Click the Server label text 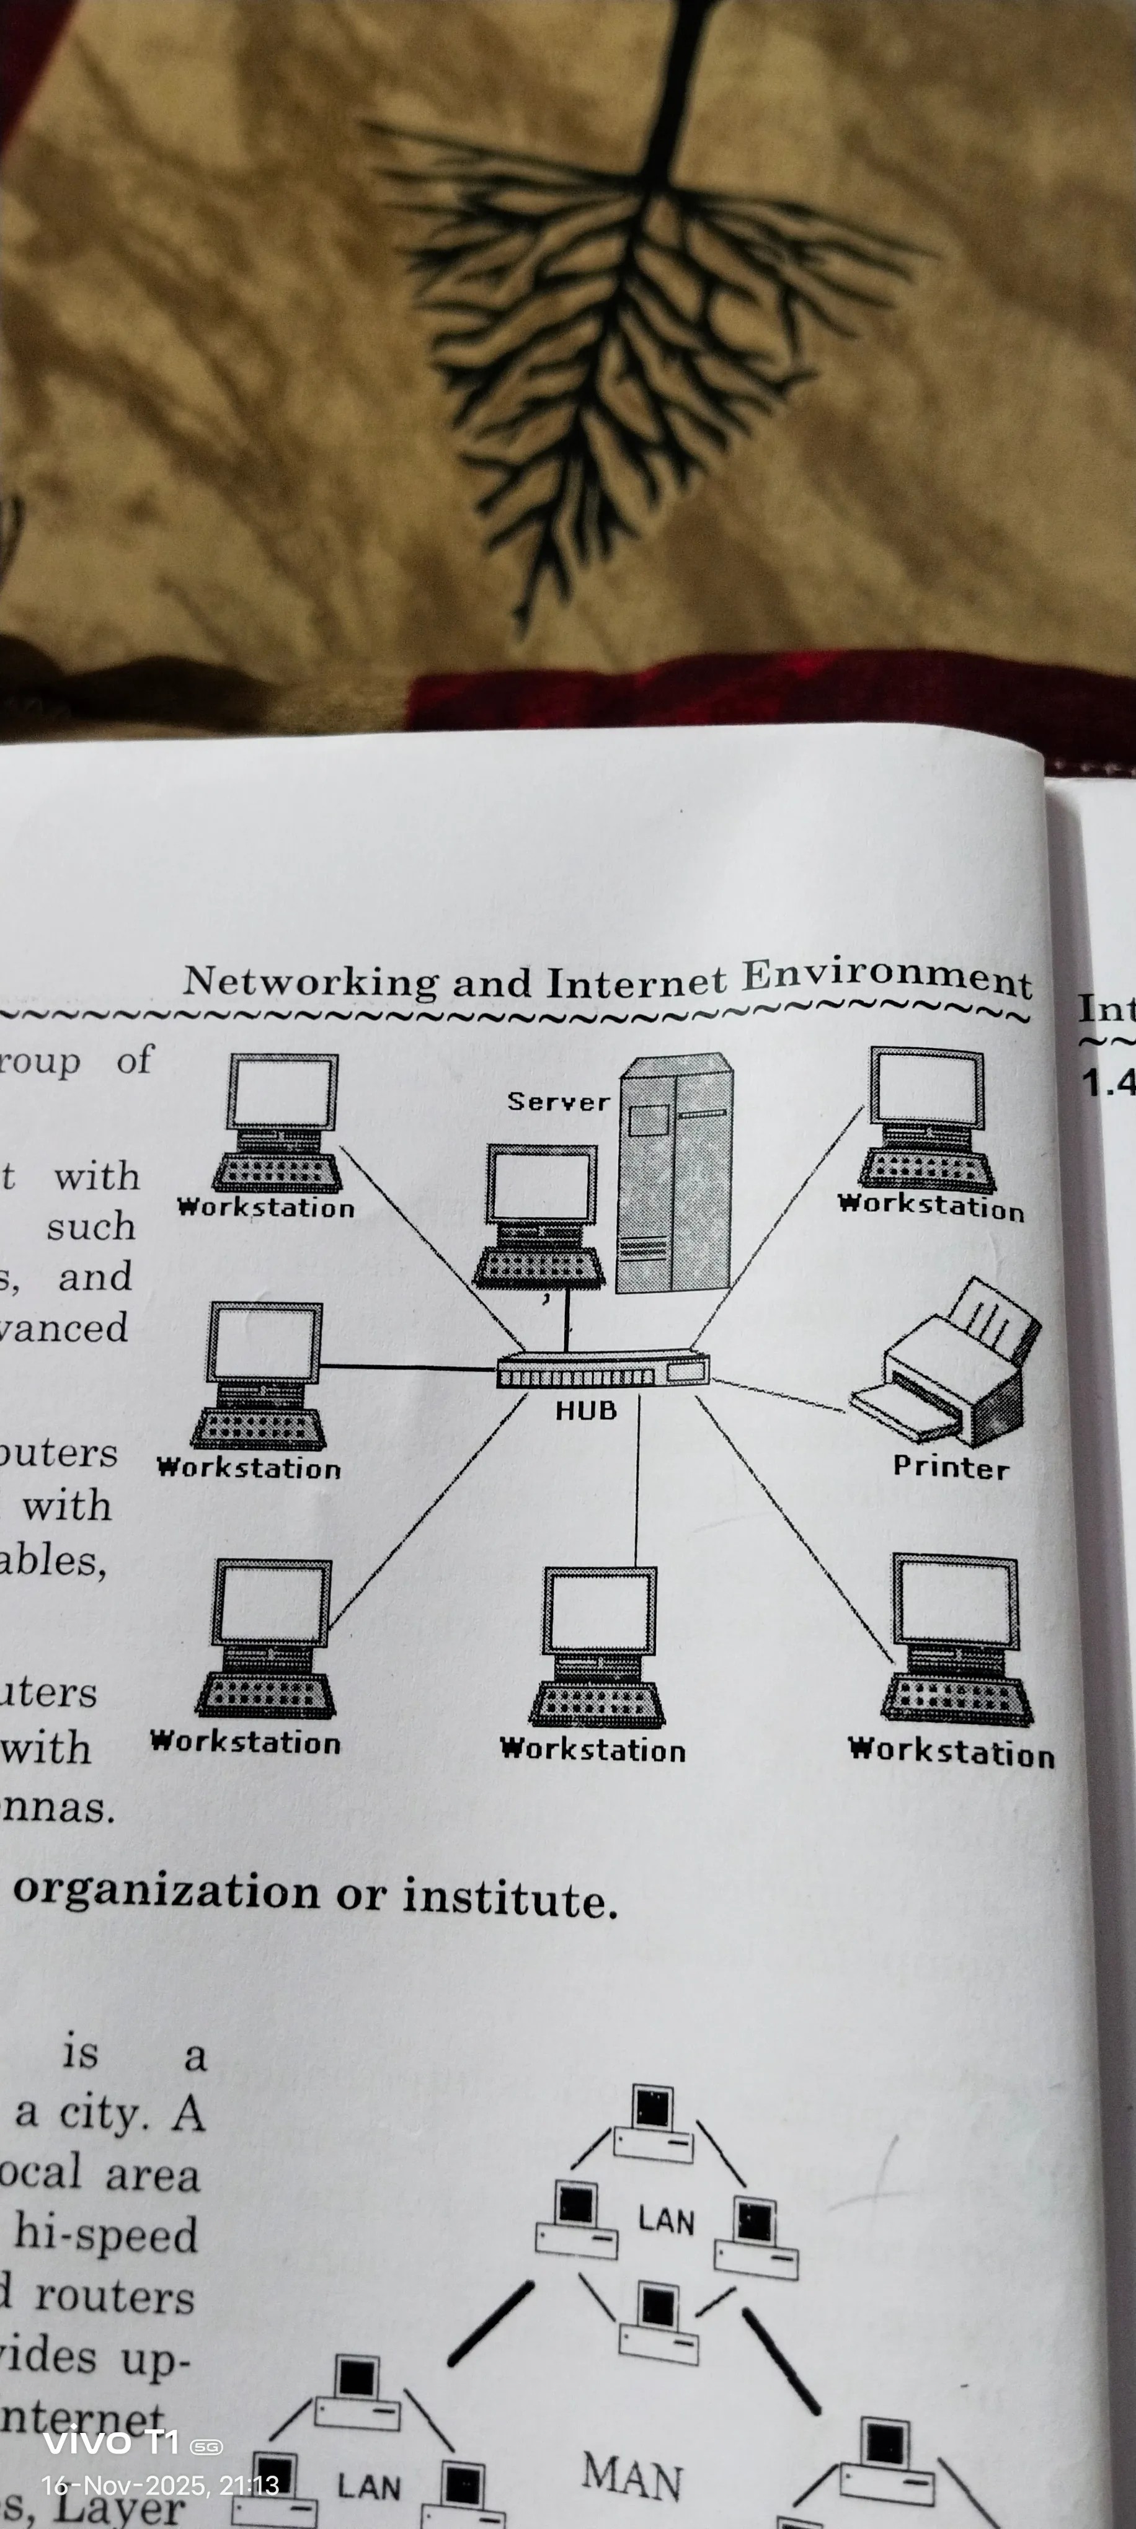click(x=557, y=1101)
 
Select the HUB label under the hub click(x=586, y=1411)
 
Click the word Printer click(x=951, y=1468)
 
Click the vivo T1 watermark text click(x=111, y=2442)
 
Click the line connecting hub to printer click(x=776, y=1394)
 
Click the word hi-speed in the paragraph click(x=106, y=2235)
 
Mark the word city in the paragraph click(x=103, y=2112)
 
